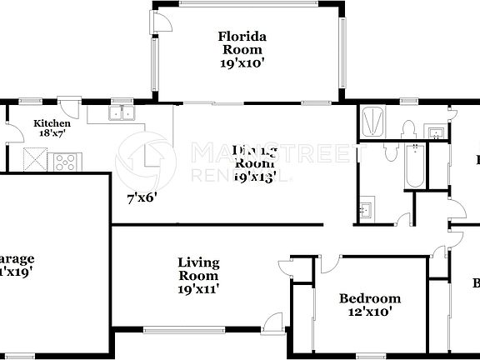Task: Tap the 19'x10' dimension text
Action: coord(242,62)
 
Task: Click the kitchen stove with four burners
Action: coord(63,160)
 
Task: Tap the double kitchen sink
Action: coord(122,114)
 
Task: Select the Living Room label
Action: coord(198,268)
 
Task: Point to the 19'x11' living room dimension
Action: coord(198,288)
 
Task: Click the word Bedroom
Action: coord(370,298)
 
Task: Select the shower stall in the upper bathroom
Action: coord(372,122)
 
